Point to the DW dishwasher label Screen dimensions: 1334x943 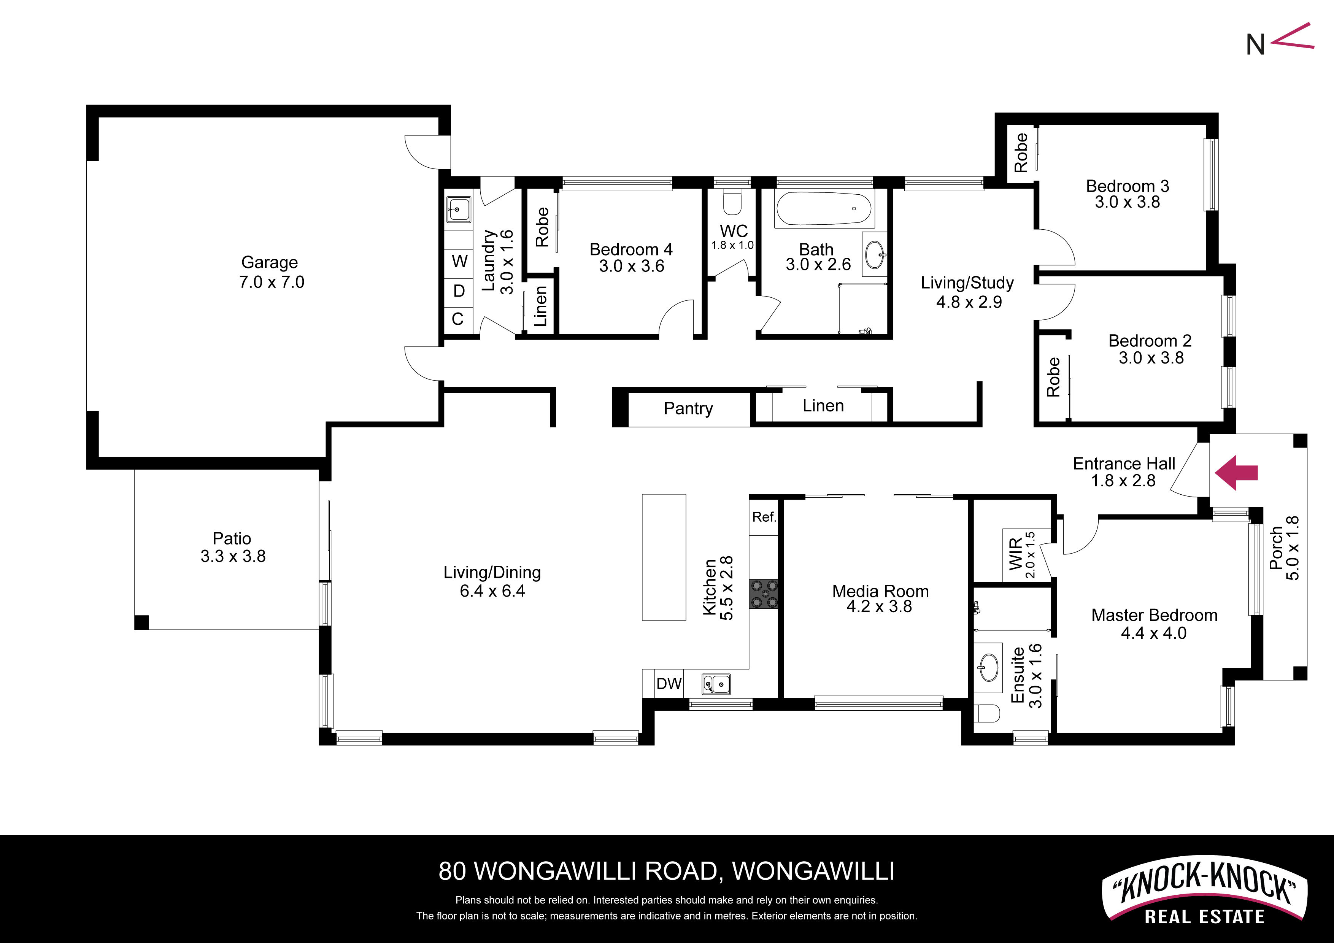(x=669, y=683)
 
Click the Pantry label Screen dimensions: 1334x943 (x=689, y=408)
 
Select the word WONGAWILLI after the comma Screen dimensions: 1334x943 (x=813, y=871)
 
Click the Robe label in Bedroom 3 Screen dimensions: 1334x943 (x=1021, y=153)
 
